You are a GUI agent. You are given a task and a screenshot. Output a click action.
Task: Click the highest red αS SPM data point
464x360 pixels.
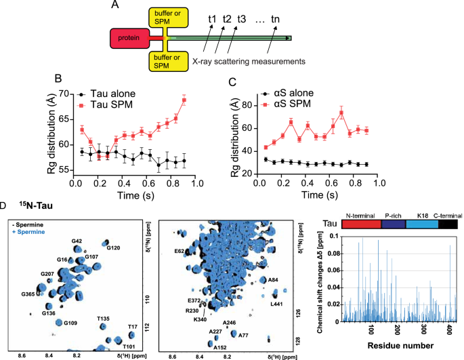pyautogui.click(x=342, y=113)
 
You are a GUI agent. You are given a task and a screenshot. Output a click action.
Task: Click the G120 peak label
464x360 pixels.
pyautogui.click(x=114, y=247)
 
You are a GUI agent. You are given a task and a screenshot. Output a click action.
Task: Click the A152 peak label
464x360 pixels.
pyautogui.click(x=219, y=347)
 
